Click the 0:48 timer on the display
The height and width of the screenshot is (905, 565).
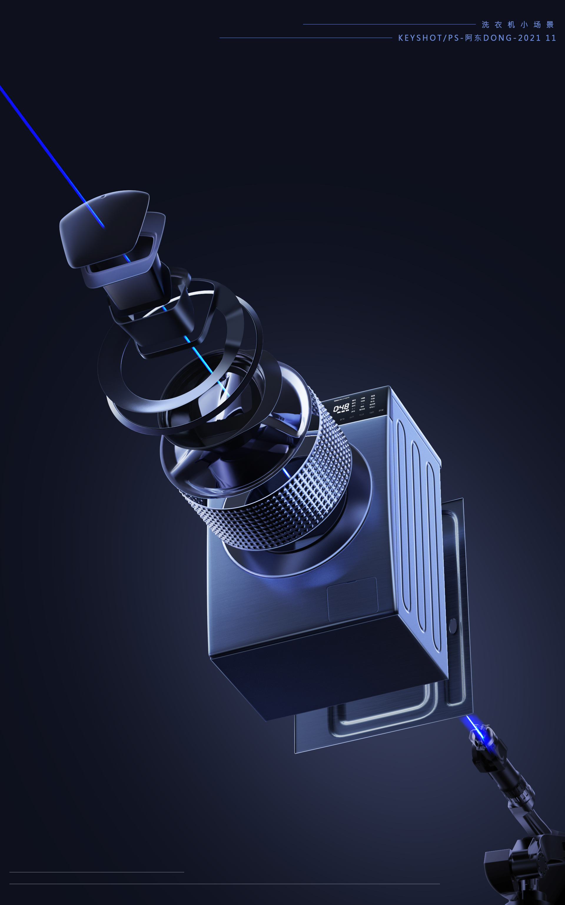pyautogui.click(x=341, y=408)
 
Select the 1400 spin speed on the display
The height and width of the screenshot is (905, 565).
pyautogui.click(x=363, y=398)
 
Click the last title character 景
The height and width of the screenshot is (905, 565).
pyautogui.click(x=550, y=25)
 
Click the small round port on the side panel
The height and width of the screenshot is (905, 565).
pyautogui.click(x=453, y=626)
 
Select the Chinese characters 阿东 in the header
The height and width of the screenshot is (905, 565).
pyautogui.click(x=473, y=38)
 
